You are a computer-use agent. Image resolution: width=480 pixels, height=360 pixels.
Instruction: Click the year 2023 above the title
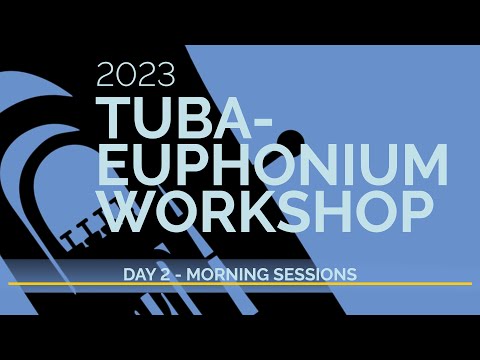pyautogui.click(x=136, y=74)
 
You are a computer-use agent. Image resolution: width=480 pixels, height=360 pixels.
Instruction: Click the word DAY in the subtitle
pyautogui.click(x=140, y=272)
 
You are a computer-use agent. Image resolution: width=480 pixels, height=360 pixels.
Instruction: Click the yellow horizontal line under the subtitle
pyautogui.click(x=240, y=284)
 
